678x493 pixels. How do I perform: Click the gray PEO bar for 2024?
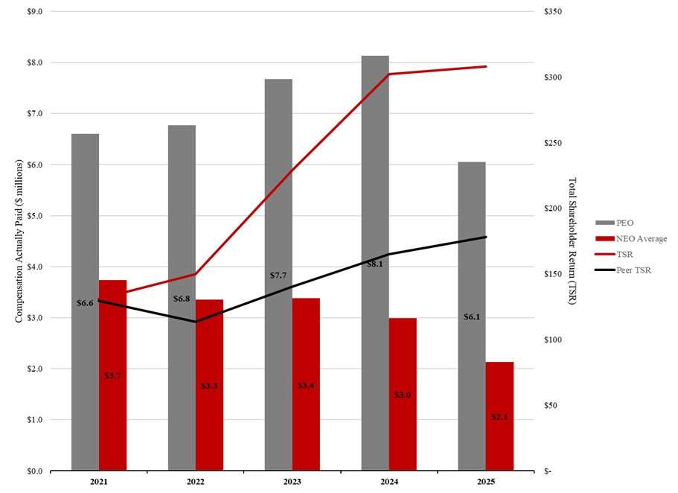pyautogui.click(x=375, y=261)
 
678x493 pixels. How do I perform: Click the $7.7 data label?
pyautogui.click(x=278, y=276)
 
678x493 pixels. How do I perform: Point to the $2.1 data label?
pyautogui.click(x=499, y=417)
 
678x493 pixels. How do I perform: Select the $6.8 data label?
pyautogui.click(x=182, y=299)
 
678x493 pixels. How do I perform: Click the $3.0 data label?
pyautogui.click(x=403, y=395)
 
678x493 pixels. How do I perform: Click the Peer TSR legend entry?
pyautogui.click(x=633, y=270)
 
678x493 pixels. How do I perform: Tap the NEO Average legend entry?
pyautogui.click(x=641, y=238)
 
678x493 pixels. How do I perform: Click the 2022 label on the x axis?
pyautogui.click(x=196, y=483)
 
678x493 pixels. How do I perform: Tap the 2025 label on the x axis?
pyautogui.click(x=486, y=483)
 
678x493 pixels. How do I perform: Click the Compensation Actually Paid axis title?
pyautogui.click(x=20, y=241)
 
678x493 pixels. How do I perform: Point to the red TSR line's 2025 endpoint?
pyautogui.click(x=486, y=66)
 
